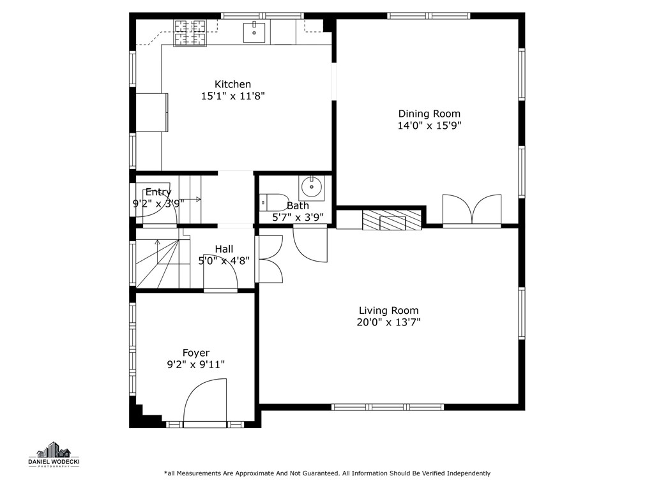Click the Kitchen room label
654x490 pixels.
tap(232, 84)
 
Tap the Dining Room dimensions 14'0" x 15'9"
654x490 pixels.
tap(429, 126)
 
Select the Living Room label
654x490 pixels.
tap(388, 311)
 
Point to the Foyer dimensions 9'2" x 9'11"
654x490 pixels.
tap(195, 365)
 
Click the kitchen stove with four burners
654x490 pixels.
tap(190, 33)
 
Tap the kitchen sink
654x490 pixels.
tap(254, 31)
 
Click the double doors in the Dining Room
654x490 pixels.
tap(472, 211)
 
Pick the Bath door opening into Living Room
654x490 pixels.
tap(310, 243)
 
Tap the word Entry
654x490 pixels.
tap(158, 192)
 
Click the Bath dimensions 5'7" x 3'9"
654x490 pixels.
tap(298, 217)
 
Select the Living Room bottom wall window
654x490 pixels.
tap(388, 406)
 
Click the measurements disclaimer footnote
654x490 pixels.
tap(327, 473)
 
